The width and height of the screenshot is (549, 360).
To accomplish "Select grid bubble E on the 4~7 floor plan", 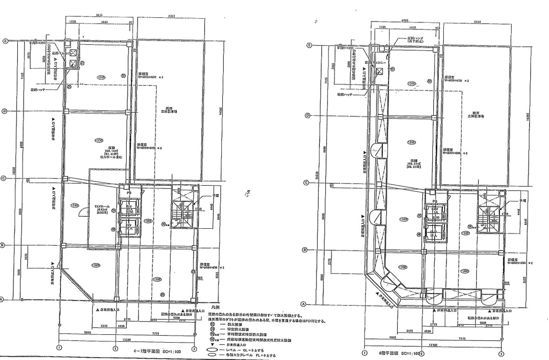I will [5, 41].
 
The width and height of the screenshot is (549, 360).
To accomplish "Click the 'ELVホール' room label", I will [100, 206].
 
